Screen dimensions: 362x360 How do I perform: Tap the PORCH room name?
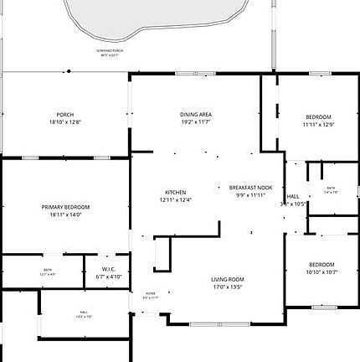(x=65, y=115)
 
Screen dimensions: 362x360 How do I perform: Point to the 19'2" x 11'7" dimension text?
(x=195, y=122)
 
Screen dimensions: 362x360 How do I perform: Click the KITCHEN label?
(x=175, y=192)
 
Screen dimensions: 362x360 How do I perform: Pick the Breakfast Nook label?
(x=251, y=188)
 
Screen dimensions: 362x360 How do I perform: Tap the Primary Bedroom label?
(x=65, y=207)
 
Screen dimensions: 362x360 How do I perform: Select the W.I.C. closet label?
(x=109, y=269)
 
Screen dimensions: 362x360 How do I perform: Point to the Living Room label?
(x=227, y=279)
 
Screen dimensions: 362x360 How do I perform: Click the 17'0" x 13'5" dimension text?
(x=227, y=287)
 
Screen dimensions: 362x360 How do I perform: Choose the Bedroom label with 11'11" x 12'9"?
(x=318, y=116)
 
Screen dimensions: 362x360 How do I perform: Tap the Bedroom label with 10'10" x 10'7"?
(x=321, y=264)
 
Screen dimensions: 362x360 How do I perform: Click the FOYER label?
(x=151, y=293)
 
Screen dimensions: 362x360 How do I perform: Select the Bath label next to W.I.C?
(x=48, y=269)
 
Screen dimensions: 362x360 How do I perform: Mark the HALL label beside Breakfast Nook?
(x=293, y=195)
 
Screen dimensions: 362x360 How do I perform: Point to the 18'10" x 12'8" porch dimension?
(x=65, y=123)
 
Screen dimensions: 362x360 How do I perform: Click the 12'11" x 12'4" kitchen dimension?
(x=175, y=200)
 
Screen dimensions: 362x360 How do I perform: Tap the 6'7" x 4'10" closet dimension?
(x=109, y=277)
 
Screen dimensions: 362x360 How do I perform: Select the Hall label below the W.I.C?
(x=84, y=312)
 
